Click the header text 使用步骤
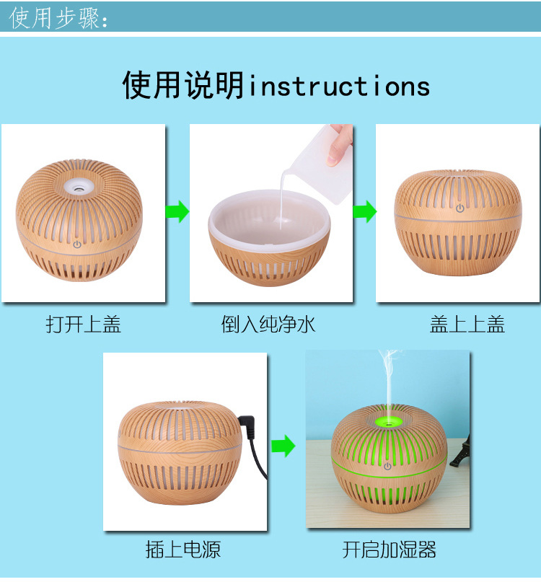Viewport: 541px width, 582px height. point(55,18)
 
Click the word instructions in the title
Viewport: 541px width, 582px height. point(339,86)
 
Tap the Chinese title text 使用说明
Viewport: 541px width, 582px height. point(183,85)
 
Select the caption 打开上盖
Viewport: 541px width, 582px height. point(84,324)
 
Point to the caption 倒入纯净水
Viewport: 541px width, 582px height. point(268,324)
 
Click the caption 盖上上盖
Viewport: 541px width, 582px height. point(467,324)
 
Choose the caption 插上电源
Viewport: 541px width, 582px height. point(183,550)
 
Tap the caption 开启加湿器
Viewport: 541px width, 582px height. point(389,550)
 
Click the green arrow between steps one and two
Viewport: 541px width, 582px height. point(177,211)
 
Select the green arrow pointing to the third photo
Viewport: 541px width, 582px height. point(364,211)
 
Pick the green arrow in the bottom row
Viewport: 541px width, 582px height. point(283,446)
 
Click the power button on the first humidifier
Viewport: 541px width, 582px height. point(77,244)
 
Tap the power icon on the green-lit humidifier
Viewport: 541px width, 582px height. point(387,466)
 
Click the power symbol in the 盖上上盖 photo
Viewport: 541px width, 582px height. point(460,208)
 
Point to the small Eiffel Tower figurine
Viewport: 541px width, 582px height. point(461,451)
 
